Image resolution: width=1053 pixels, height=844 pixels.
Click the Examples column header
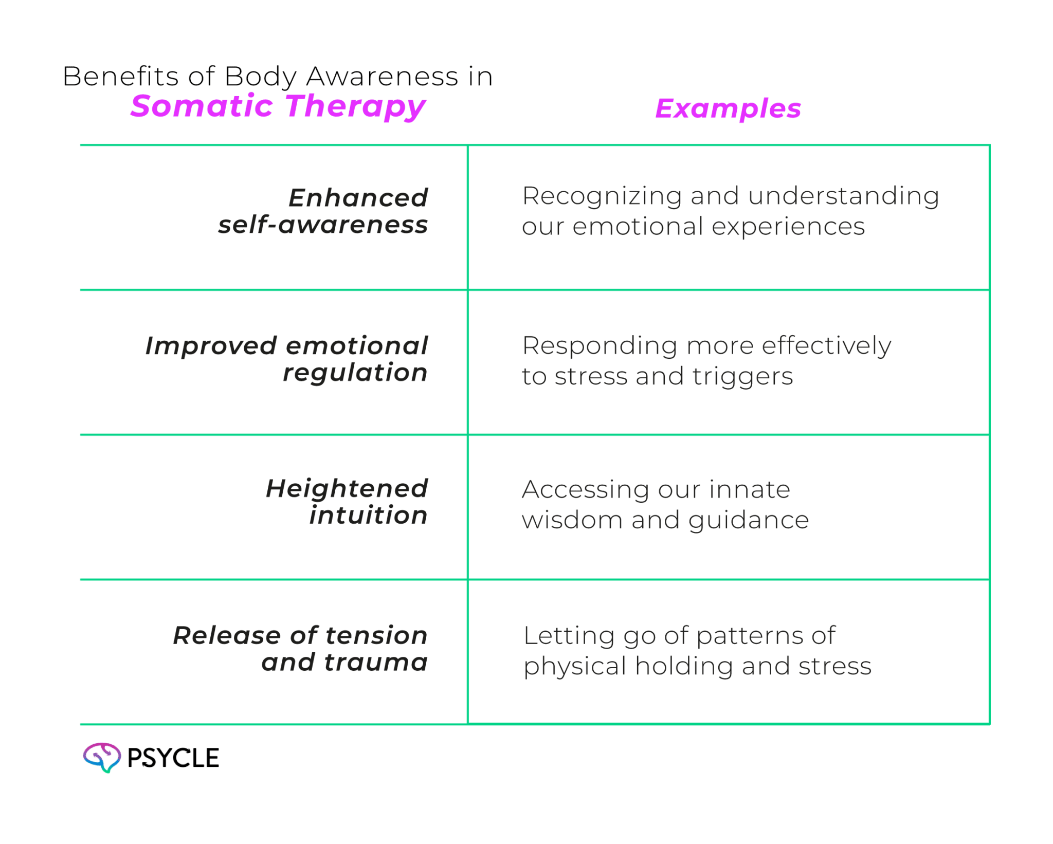pos(728,109)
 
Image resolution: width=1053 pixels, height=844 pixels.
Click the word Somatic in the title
pos(201,106)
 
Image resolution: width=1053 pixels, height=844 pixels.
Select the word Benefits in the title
pos(120,77)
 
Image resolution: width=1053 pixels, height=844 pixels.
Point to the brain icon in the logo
pos(102,757)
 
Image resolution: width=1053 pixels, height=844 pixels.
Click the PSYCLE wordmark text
pos(173,758)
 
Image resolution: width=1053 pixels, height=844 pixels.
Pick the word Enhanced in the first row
pos(358,198)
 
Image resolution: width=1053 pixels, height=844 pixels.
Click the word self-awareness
pos(322,225)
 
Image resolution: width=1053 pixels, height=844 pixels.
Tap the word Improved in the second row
pos(211,346)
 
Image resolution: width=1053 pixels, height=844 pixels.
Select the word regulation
pos(355,373)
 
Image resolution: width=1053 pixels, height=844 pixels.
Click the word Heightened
pos(347,489)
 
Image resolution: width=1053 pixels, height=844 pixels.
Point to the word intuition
pos(368,516)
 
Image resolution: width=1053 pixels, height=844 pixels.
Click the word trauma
pos(376,663)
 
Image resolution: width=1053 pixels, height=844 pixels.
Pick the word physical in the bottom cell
pos(575,667)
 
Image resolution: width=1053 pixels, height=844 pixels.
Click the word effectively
pos(826,346)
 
